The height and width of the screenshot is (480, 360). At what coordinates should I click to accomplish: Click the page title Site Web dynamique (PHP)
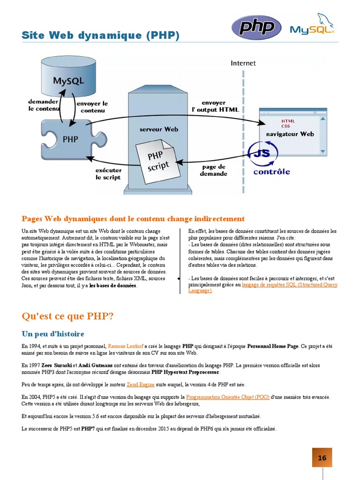[x=101, y=36]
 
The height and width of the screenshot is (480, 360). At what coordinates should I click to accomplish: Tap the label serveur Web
[x=159, y=129]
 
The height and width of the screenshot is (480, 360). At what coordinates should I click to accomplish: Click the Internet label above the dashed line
[x=243, y=63]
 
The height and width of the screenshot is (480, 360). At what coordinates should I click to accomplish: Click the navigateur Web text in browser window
[x=290, y=134]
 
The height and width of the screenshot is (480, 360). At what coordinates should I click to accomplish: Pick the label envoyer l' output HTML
[x=215, y=106]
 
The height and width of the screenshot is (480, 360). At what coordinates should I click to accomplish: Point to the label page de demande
[x=213, y=170]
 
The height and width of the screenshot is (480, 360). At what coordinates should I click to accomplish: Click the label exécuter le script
[x=108, y=174]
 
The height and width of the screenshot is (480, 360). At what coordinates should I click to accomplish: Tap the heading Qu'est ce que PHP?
[x=67, y=316]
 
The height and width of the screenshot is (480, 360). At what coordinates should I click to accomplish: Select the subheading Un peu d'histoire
[x=53, y=334]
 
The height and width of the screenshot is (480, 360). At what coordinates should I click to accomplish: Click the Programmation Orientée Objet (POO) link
[x=227, y=397]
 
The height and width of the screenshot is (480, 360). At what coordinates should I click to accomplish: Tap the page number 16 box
[x=322, y=458]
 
